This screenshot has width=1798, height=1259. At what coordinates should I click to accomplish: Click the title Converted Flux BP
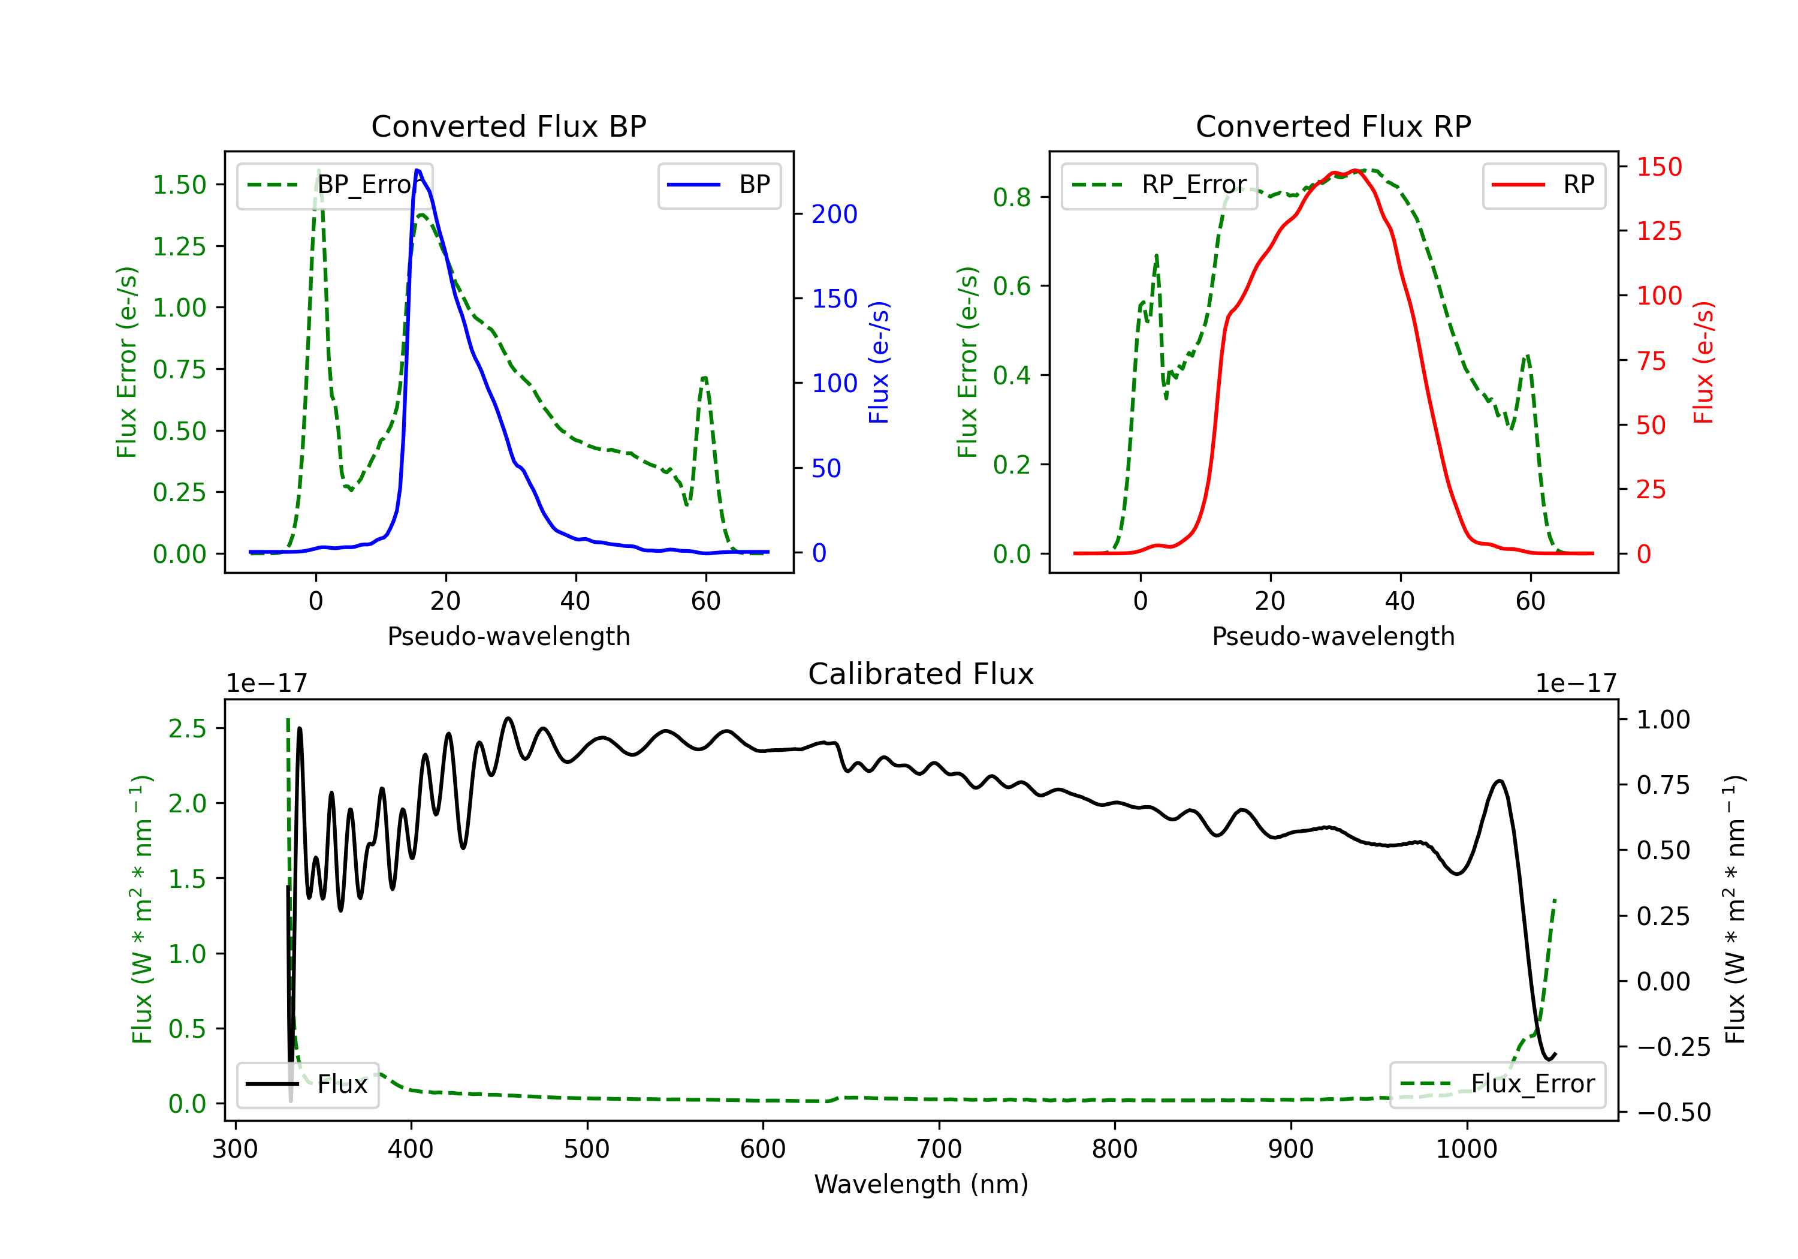tap(508, 126)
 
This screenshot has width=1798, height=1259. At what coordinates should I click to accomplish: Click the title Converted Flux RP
tap(1333, 126)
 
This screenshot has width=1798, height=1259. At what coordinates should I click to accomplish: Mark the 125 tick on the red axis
tap(1658, 231)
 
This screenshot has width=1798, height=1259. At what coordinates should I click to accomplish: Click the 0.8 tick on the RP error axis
tap(1012, 197)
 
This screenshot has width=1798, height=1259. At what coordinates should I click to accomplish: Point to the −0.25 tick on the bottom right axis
tap(1673, 1047)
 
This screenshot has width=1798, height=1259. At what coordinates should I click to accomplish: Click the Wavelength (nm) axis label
tap(921, 1184)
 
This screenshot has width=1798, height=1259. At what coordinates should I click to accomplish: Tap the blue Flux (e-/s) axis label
tap(879, 362)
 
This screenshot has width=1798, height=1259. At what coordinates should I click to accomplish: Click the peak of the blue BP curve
tap(417, 171)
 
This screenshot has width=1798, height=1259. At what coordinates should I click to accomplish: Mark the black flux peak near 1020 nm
tap(1499, 781)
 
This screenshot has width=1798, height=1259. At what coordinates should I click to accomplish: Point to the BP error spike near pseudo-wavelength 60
tap(705, 378)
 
